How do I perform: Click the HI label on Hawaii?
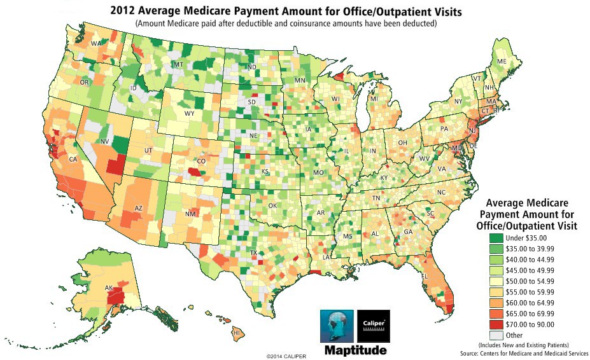236,332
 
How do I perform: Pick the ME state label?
502,61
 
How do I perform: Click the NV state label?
104,141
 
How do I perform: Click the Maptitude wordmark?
355,349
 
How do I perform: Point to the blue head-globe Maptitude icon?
335,326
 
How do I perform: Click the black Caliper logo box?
373,326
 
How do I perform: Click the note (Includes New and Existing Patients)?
532,344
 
